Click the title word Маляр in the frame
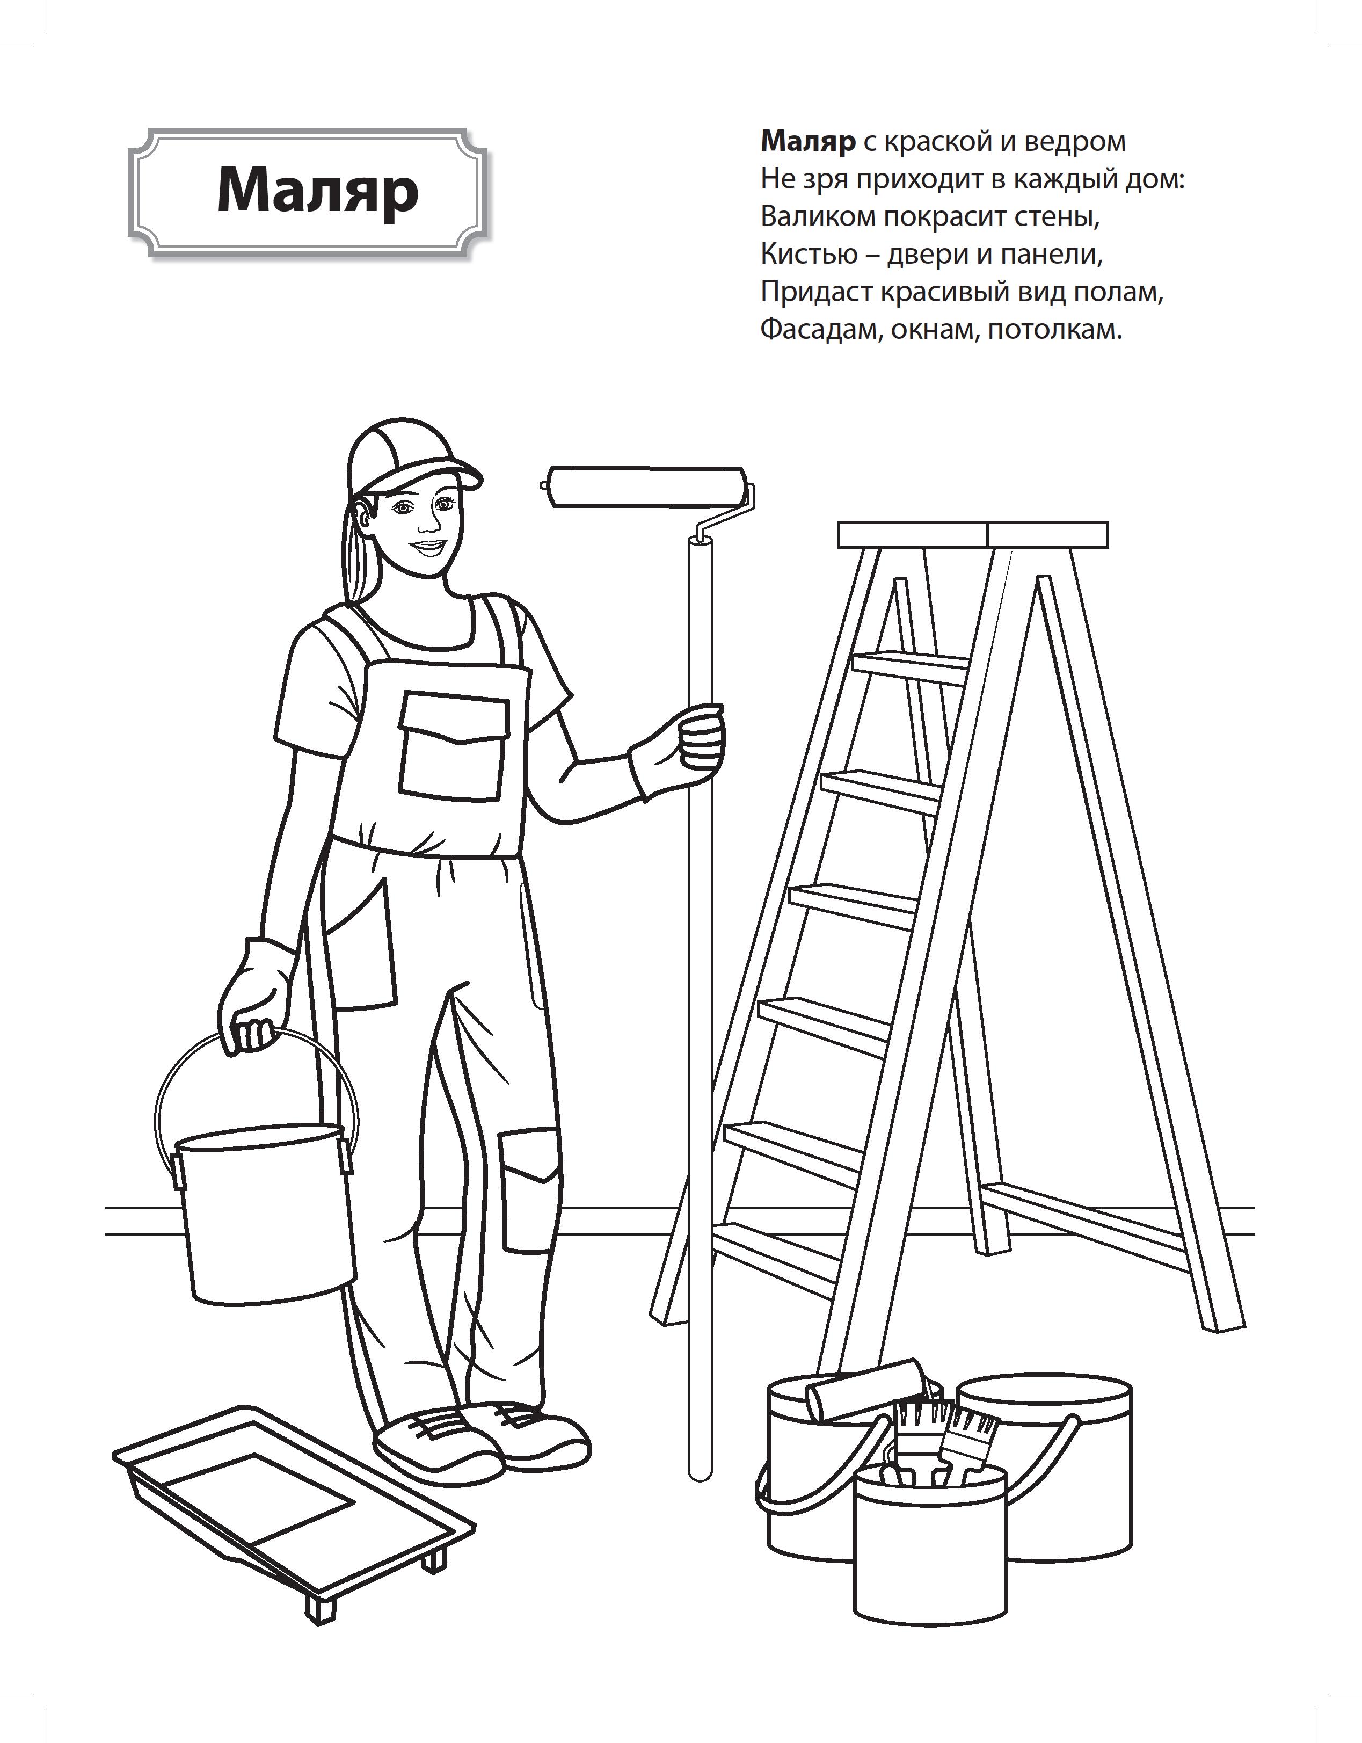pos(318,192)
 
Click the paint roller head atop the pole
pos(648,487)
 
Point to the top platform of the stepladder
pos(973,535)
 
